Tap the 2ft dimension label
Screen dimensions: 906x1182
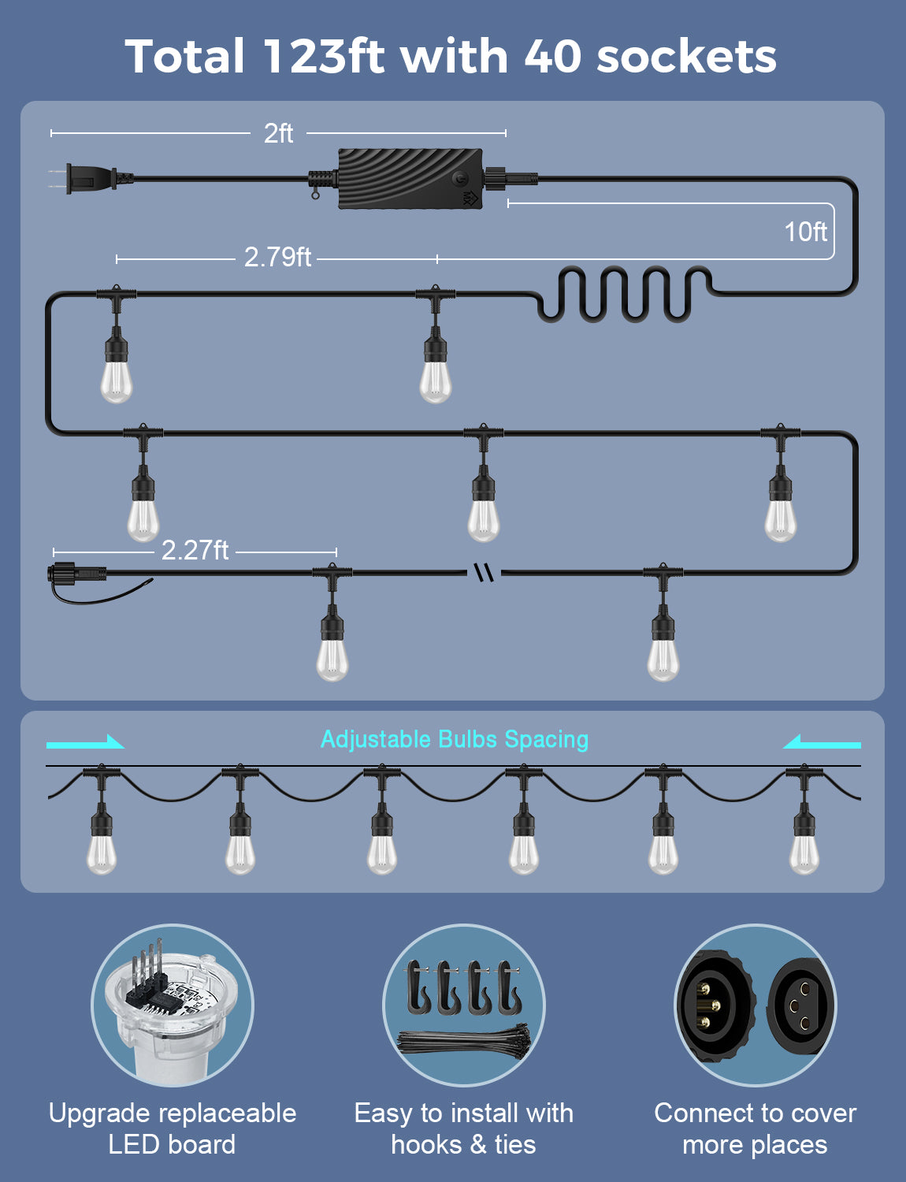tap(278, 133)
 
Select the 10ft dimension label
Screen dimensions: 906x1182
tap(805, 232)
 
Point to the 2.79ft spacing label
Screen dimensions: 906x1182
tap(277, 257)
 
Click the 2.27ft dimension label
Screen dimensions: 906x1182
tap(195, 550)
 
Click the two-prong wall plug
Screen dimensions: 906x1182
tap(91, 178)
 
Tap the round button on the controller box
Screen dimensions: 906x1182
tap(461, 177)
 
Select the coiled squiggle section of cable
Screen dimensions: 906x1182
tap(626, 294)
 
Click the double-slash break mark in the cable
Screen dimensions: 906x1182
tap(484, 571)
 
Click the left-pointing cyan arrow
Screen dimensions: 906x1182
tap(821, 742)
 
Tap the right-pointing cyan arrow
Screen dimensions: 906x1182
tap(85, 742)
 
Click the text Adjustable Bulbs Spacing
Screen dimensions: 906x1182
tap(455, 739)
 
